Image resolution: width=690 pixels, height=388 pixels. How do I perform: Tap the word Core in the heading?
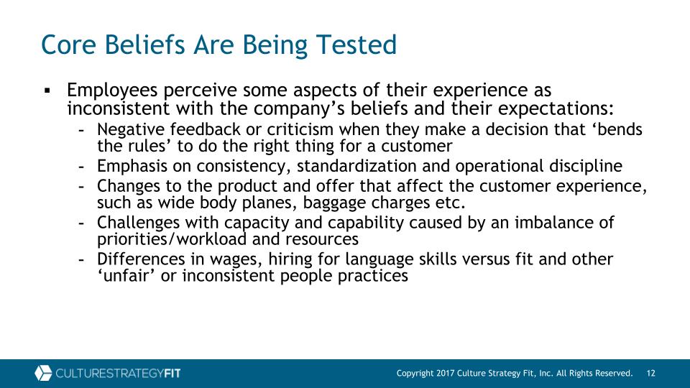click(68, 45)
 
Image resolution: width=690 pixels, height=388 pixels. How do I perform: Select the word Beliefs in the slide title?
click(144, 45)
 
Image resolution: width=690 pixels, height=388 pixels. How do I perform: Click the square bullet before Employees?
click(47, 91)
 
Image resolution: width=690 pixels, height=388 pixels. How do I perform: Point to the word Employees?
click(112, 91)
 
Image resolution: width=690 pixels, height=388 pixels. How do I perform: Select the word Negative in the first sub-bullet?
click(131, 130)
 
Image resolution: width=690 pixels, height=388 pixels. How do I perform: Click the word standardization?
click(356, 166)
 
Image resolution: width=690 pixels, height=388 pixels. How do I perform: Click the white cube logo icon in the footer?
click(43, 373)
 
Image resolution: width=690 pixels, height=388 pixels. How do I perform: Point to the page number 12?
click(651, 374)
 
